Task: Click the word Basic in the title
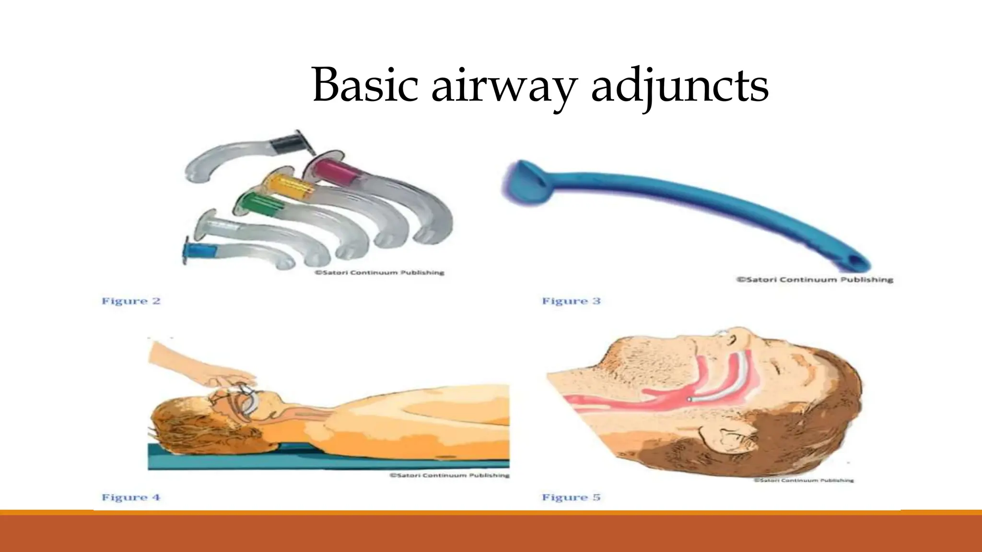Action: (x=365, y=86)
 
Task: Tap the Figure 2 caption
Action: (x=130, y=301)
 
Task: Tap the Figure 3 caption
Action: (x=571, y=301)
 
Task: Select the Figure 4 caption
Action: (x=130, y=497)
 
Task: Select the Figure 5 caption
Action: (x=571, y=497)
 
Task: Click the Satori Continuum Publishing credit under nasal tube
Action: (x=815, y=280)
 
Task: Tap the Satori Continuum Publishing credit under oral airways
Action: (x=379, y=273)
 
